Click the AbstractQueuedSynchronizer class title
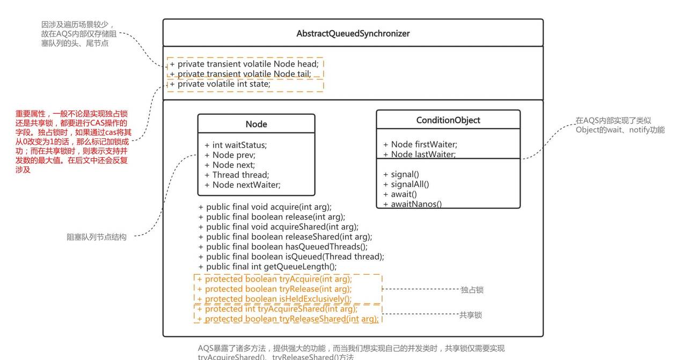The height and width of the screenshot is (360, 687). [353, 33]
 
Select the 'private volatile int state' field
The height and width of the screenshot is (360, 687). [220, 84]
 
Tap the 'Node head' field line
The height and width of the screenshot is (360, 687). [244, 64]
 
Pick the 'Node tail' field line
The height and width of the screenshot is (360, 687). [240, 74]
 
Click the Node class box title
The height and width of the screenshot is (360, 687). [256, 124]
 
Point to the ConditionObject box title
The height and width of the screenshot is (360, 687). [448, 120]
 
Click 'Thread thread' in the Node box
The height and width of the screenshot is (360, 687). [237, 175]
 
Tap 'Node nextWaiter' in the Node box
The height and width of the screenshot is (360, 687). [243, 185]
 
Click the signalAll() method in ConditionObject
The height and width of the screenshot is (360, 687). [406, 184]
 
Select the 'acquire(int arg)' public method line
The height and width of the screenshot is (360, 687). [265, 207]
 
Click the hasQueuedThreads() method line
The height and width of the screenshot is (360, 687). [283, 247]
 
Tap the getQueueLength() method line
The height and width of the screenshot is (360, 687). [267, 267]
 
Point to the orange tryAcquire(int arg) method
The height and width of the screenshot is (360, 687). [275, 279]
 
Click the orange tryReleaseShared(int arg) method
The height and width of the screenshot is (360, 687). [288, 319]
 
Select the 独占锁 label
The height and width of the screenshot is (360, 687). [472, 290]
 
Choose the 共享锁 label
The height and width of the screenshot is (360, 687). [470, 315]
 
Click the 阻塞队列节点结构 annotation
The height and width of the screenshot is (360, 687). [97, 237]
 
